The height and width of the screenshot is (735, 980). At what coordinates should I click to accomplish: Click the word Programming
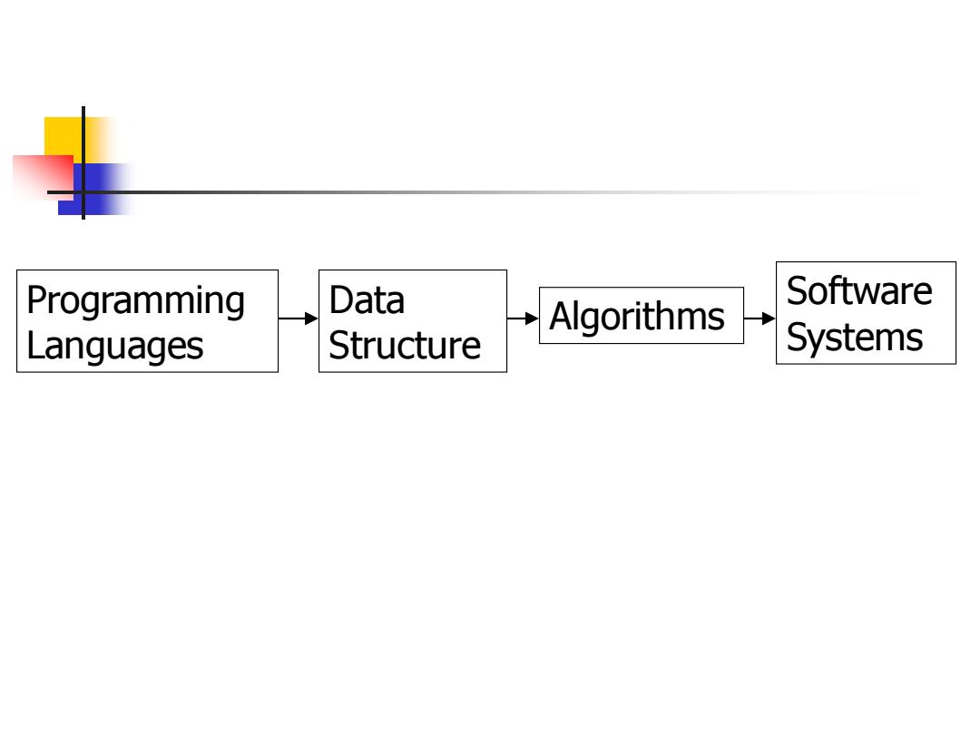click(x=135, y=302)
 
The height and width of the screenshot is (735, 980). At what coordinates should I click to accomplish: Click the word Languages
click(x=115, y=347)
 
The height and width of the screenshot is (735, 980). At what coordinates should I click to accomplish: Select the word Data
click(x=367, y=300)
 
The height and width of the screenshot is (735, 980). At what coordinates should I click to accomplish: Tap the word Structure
click(x=405, y=346)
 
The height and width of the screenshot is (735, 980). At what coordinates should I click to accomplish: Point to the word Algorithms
click(x=637, y=317)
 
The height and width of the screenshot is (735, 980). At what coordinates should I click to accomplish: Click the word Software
click(x=859, y=291)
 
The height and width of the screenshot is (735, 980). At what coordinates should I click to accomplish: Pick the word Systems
click(x=855, y=338)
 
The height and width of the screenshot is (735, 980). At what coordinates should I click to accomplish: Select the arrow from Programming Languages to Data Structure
click(x=299, y=318)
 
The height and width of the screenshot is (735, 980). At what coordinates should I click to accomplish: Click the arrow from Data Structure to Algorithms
click(x=523, y=318)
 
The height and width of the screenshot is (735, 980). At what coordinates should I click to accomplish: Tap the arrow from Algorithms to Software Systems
click(x=759, y=318)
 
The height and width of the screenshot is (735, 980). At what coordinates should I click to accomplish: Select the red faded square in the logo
click(x=43, y=177)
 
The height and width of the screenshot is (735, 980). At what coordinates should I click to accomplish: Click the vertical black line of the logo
click(x=83, y=163)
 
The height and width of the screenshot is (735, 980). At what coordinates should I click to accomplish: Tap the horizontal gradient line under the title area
click(x=487, y=192)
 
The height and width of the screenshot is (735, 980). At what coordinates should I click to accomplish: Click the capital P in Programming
click(x=36, y=300)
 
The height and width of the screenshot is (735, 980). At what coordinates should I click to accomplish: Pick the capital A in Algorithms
click(x=561, y=317)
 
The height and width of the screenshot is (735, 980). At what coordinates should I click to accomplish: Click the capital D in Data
click(x=340, y=300)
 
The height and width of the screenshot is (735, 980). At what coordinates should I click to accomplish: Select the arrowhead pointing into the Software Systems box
click(x=769, y=318)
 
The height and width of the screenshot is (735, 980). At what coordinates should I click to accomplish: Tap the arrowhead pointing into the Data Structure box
click(x=311, y=318)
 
